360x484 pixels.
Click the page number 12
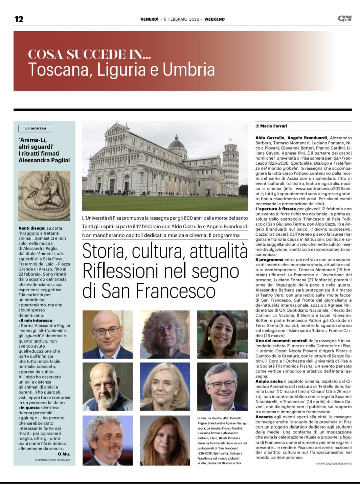point(19,19)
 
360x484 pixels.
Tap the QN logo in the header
point(344,19)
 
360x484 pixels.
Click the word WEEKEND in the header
point(215,19)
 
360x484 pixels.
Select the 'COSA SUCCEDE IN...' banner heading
point(89,54)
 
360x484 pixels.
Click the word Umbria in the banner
point(188,70)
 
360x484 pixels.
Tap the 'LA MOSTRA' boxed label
point(36,129)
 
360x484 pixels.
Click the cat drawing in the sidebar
point(44,195)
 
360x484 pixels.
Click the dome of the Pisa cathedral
point(176,144)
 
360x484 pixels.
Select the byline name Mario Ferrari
point(274,126)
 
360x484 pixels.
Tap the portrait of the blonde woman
point(165,387)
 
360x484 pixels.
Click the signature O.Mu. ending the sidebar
point(64,454)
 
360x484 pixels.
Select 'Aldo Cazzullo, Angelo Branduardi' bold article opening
point(291,138)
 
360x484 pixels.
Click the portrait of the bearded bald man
point(103,387)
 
